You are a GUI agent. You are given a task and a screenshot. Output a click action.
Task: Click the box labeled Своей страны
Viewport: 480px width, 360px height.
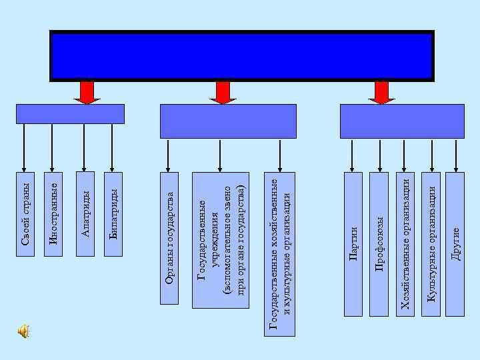click(25, 214)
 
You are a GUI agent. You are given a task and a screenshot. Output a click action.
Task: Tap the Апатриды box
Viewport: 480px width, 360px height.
click(85, 214)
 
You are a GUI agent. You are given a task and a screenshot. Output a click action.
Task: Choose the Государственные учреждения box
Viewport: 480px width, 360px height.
click(220, 241)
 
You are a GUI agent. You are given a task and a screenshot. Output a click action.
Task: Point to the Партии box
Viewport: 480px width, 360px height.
click(353, 243)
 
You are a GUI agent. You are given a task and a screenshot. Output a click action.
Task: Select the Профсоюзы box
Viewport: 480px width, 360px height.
click(379, 243)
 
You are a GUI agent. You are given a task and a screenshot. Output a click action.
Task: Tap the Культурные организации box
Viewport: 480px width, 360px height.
click(431, 243)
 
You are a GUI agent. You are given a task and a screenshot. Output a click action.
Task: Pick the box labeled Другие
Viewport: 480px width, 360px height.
click(455, 243)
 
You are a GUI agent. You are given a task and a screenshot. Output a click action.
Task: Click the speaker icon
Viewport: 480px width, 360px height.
click(23, 331)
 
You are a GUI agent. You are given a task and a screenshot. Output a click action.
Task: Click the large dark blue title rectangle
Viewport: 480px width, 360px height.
click(242, 55)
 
